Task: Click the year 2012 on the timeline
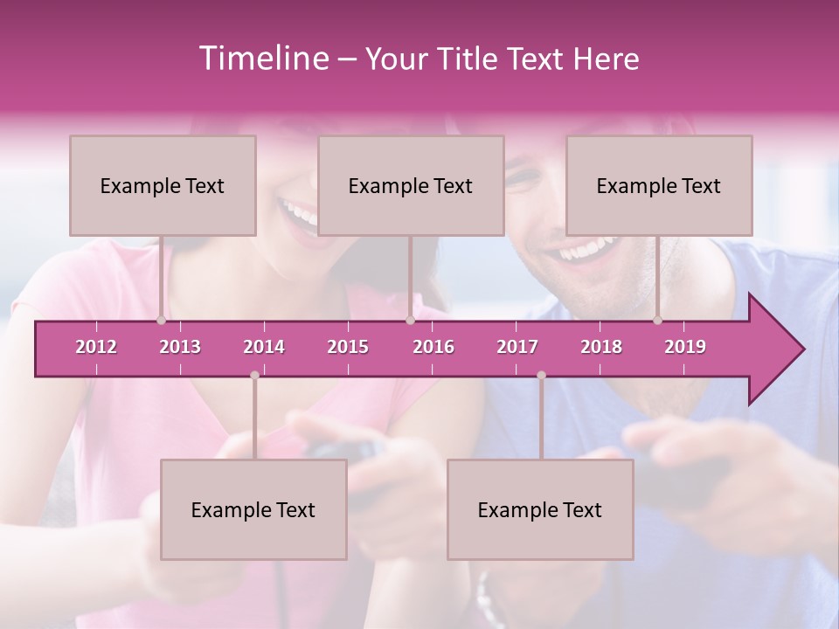(x=96, y=347)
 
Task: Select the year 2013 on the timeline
(x=180, y=347)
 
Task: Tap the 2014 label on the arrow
(x=264, y=347)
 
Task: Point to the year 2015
(x=348, y=347)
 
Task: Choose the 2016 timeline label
(x=433, y=347)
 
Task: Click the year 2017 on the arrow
(x=517, y=347)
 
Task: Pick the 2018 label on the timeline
(x=601, y=347)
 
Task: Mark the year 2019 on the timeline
(x=685, y=347)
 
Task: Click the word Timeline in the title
(x=262, y=59)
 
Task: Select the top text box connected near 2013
(x=163, y=185)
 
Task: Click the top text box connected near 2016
(x=411, y=185)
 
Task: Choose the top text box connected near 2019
(x=659, y=185)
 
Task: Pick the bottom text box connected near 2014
(x=253, y=509)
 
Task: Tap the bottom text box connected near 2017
(x=540, y=509)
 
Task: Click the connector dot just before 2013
(x=161, y=321)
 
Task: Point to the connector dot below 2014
(x=254, y=376)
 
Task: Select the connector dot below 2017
(x=541, y=376)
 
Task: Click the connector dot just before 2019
(x=657, y=321)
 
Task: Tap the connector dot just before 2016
(x=410, y=321)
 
